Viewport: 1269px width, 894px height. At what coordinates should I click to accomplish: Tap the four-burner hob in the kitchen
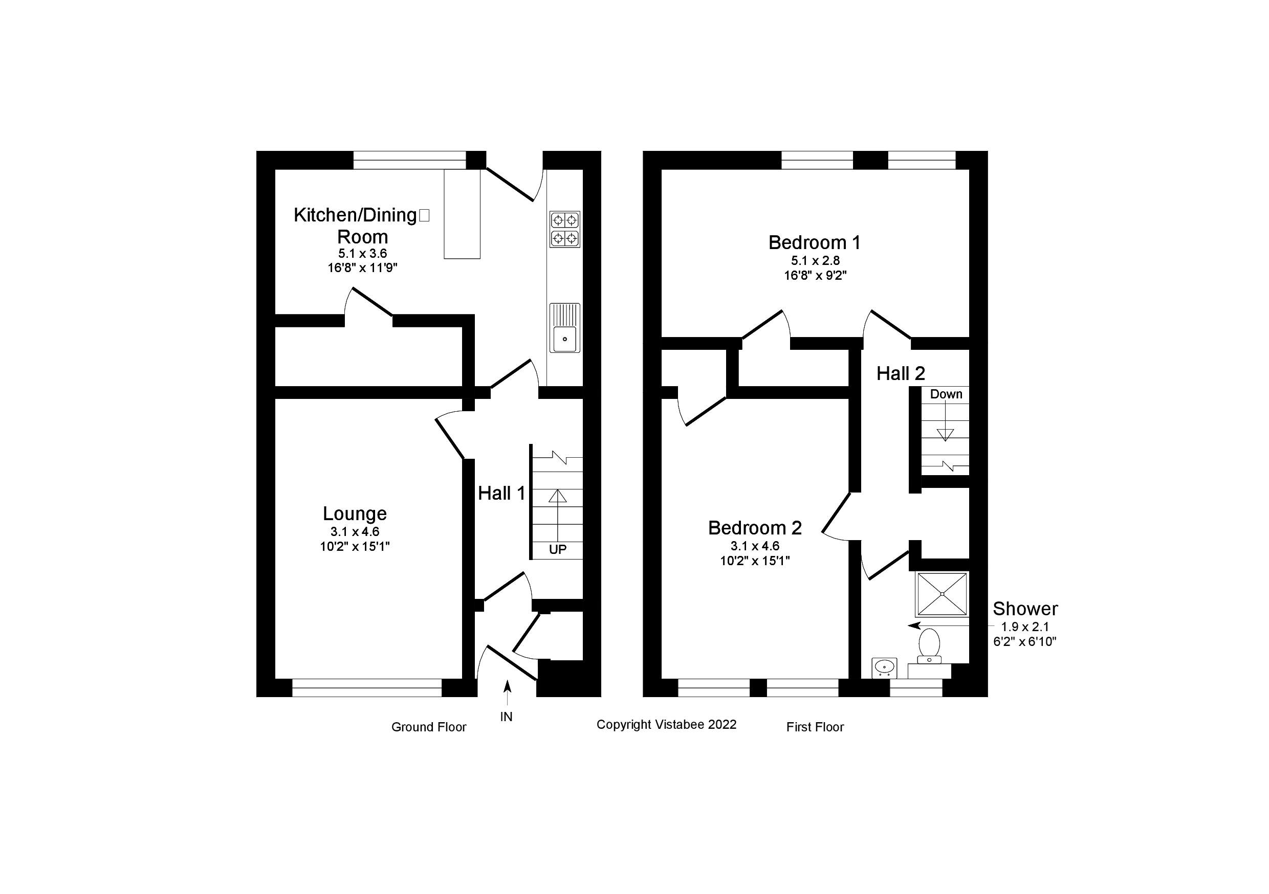point(564,229)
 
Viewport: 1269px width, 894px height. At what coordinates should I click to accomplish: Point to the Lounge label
point(355,513)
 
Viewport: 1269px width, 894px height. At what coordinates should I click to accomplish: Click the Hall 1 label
point(501,493)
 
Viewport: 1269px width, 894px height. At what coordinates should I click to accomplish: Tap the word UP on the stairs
point(557,550)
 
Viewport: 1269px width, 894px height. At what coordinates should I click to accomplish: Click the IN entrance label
point(506,717)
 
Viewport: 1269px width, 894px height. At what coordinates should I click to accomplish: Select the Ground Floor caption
point(428,727)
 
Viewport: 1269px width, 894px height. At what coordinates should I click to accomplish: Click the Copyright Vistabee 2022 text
point(666,724)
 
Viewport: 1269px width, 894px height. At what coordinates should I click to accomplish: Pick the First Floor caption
point(815,727)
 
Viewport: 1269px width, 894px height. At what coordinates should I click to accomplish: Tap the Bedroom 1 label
point(814,242)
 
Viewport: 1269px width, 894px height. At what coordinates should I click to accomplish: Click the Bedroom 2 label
point(754,528)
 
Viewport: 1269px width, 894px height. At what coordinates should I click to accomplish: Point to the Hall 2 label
point(901,373)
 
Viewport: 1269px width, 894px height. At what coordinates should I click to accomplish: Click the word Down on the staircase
point(946,394)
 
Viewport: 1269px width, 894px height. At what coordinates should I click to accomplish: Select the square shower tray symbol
point(943,593)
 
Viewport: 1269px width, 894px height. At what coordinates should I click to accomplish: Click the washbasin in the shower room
point(884,667)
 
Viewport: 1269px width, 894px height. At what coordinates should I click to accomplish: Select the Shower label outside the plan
point(1025,609)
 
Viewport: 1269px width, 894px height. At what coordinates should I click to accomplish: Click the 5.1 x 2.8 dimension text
point(815,260)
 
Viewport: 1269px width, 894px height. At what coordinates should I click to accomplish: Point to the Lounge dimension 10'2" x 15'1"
point(355,546)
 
